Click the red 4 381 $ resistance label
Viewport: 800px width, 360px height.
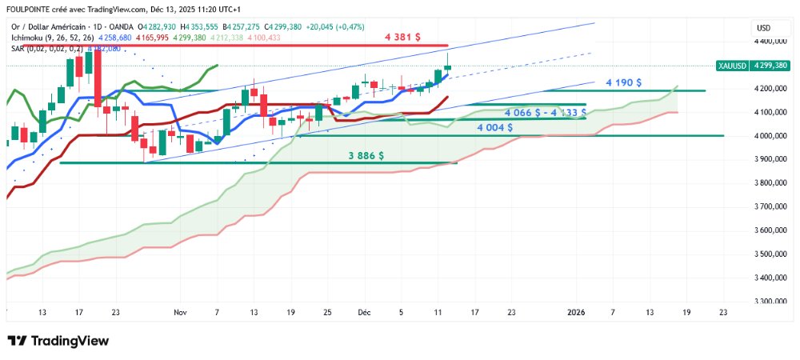[402, 36]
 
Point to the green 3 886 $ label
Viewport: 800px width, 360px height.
[366, 155]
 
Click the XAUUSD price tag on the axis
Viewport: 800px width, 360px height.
[732, 65]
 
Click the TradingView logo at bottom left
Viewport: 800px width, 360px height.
[57, 341]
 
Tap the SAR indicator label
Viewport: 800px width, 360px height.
[18, 48]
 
